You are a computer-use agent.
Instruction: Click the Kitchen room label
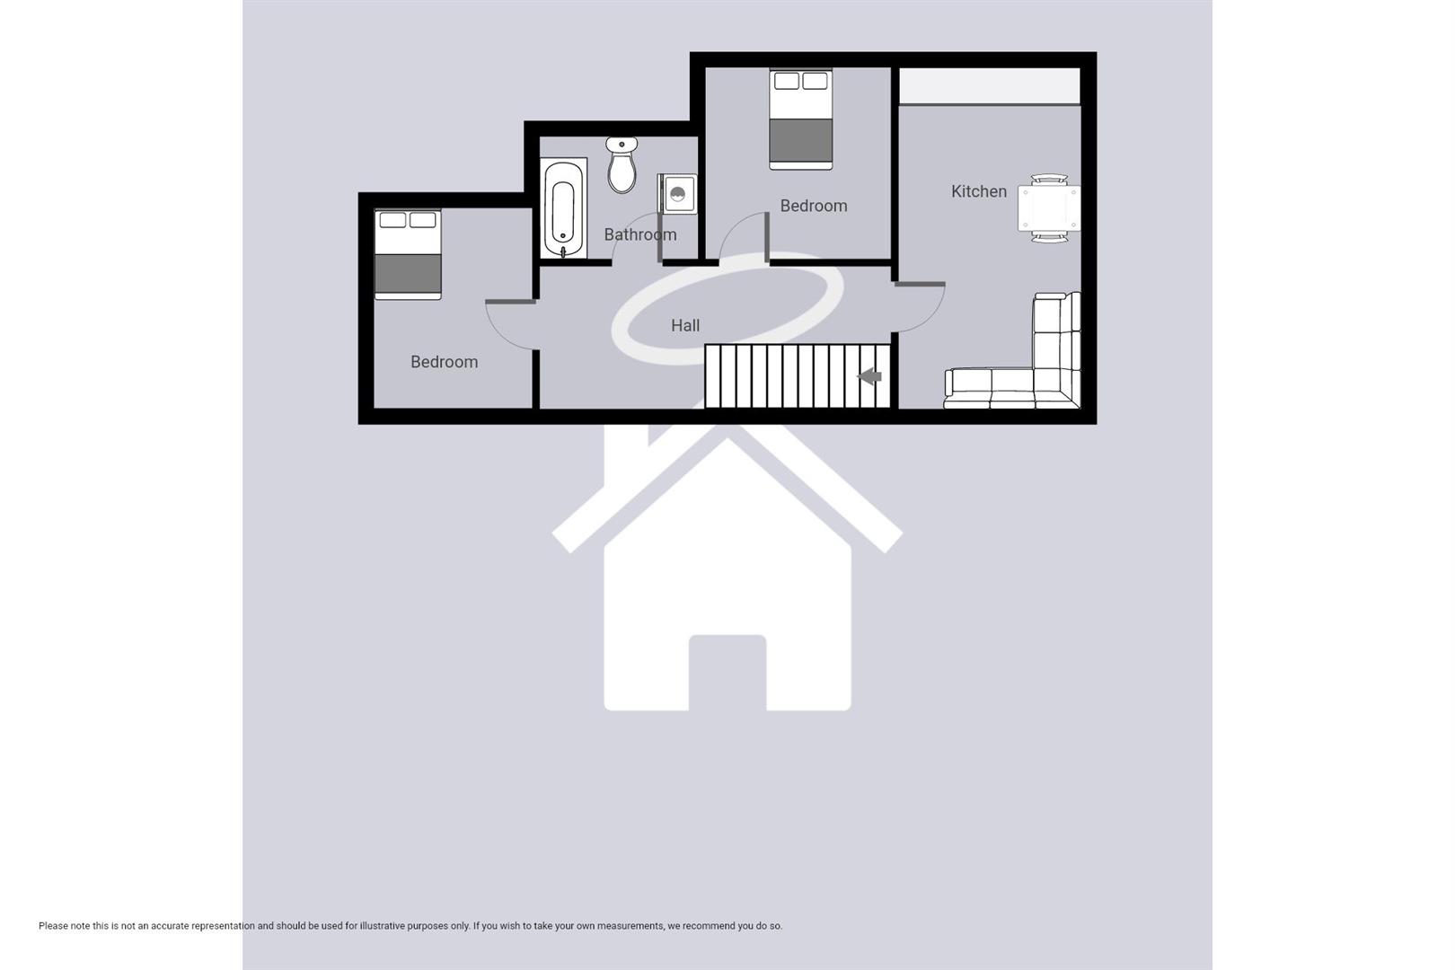coord(978,191)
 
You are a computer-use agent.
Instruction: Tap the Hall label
coord(685,325)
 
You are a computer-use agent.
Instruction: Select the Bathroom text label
coord(639,234)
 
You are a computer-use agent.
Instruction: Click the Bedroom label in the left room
coord(444,362)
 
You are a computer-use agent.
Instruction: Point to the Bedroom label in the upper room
coord(813,206)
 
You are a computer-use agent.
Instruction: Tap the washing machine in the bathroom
coord(678,193)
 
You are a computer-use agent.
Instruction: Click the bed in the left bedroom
coord(408,254)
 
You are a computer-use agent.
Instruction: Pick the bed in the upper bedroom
coord(800,119)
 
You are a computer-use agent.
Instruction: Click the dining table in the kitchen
coord(1048,208)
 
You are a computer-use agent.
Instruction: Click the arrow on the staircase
coord(869,376)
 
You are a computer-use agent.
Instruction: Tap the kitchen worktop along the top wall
coord(989,86)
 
